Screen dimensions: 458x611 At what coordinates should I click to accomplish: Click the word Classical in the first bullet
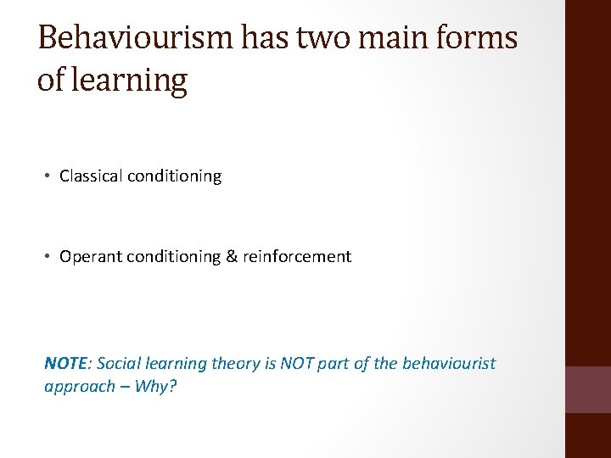(91, 176)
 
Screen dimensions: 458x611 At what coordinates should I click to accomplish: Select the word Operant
(91, 256)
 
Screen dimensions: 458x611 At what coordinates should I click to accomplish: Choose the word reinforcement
(297, 256)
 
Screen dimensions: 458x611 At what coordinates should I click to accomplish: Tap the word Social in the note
(119, 363)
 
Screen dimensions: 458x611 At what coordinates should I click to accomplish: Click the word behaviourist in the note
(447, 363)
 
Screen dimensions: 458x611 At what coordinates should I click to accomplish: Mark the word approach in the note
(79, 386)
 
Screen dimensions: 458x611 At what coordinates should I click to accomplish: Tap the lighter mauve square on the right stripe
(588, 389)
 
